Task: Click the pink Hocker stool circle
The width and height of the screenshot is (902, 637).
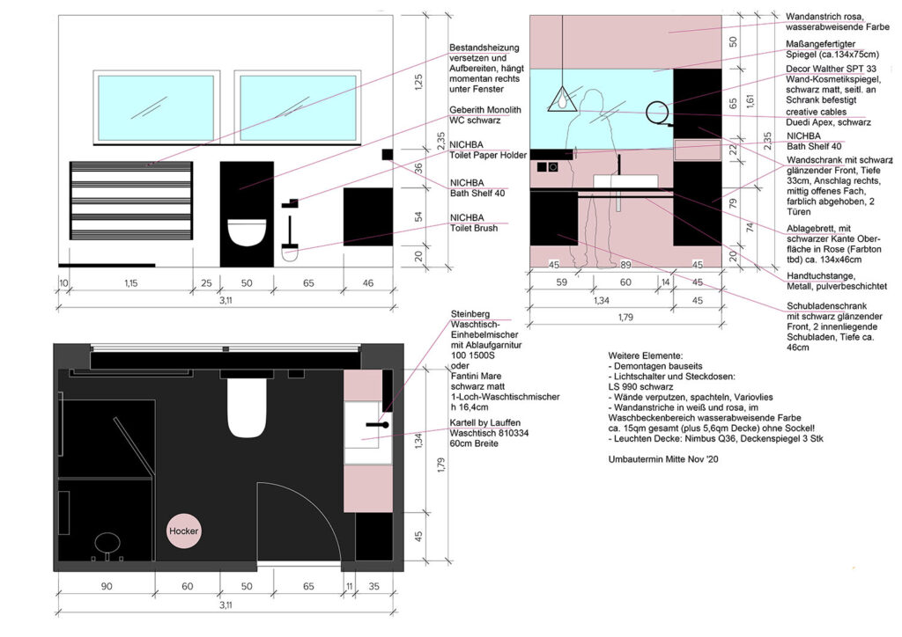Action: point(183,531)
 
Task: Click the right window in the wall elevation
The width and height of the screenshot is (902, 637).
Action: point(298,107)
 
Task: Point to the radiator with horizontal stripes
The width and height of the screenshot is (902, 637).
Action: point(131,201)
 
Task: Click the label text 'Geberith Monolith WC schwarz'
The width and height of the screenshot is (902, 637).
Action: point(485,115)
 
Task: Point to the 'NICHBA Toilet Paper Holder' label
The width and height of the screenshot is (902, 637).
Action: point(488,150)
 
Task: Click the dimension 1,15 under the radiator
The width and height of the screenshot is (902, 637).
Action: point(130,282)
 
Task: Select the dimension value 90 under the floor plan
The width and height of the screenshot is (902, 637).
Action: point(107,587)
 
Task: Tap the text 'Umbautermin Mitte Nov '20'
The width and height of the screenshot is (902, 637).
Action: point(662,459)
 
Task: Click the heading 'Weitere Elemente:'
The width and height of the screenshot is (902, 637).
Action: point(646,356)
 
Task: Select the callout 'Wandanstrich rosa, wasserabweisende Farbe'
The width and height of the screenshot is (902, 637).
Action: point(837,22)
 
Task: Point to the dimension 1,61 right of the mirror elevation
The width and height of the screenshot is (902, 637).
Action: point(750,101)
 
